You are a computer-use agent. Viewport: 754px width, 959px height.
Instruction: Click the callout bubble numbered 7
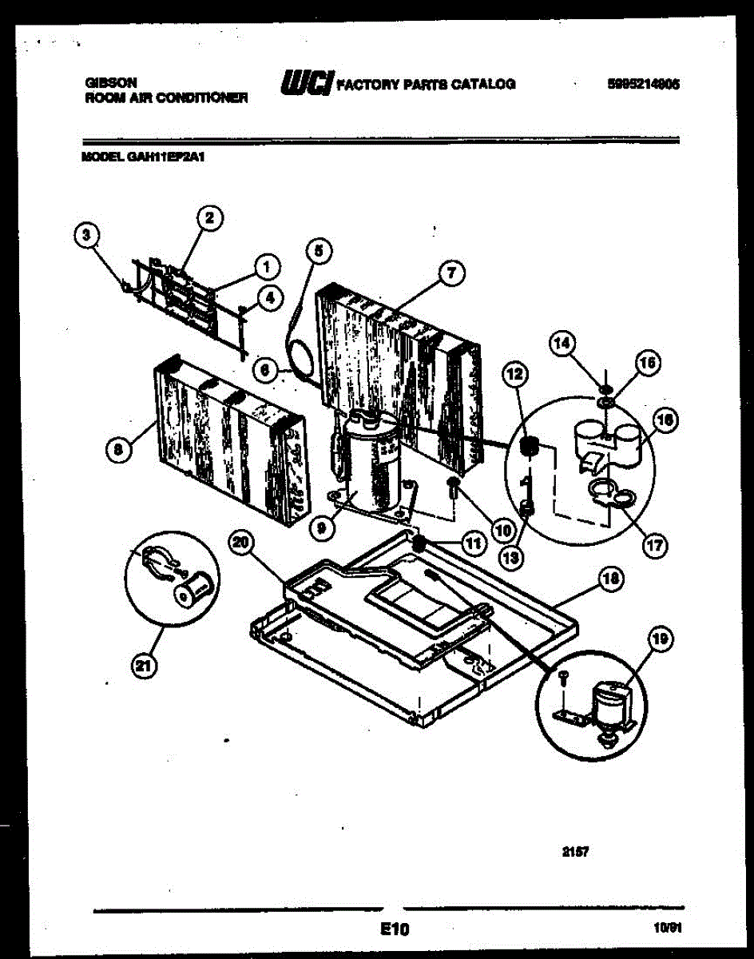[x=450, y=273]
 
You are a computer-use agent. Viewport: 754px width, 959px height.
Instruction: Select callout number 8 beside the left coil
[x=118, y=450]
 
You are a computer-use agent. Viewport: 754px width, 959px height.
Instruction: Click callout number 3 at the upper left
[x=87, y=234]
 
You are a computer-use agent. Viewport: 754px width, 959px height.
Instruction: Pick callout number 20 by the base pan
[x=240, y=543]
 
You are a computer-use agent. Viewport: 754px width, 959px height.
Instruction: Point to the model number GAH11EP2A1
[x=144, y=157]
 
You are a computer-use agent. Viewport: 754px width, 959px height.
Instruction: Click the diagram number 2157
[x=576, y=853]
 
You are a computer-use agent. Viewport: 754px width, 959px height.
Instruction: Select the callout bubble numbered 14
[x=562, y=344]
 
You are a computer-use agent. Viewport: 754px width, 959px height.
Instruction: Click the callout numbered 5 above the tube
[x=317, y=250]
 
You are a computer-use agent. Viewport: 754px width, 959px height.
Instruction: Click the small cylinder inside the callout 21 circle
[x=193, y=591]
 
